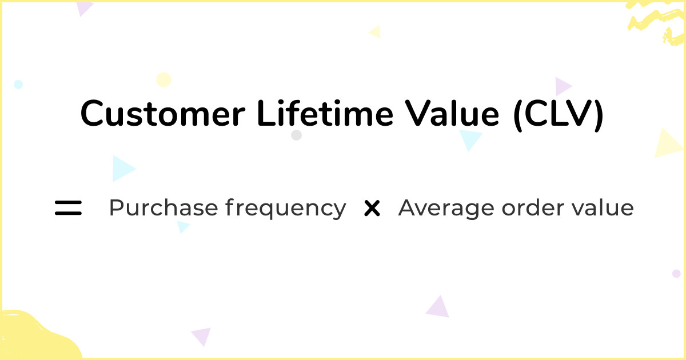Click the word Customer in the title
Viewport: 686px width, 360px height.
(162, 113)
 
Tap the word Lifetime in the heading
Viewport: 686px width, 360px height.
(325, 113)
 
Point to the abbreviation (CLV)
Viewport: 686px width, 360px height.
(559, 114)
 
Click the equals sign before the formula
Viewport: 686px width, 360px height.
(68, 208)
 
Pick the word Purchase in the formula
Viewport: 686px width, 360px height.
(163, 207)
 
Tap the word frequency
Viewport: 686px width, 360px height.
(285, 209)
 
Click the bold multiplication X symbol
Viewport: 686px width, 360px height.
(372, 208)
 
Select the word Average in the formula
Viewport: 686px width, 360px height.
(446, 209)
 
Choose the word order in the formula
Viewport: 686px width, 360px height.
(533, 207)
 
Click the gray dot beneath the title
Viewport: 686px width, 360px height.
(296, 135)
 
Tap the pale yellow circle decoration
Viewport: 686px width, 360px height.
(163, 79)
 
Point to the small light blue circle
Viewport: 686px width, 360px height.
(18, 84)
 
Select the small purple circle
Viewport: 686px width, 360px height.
(676, 273)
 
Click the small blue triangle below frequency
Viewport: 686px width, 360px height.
(182, 227)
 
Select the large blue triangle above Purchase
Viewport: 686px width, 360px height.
(122, 169)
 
